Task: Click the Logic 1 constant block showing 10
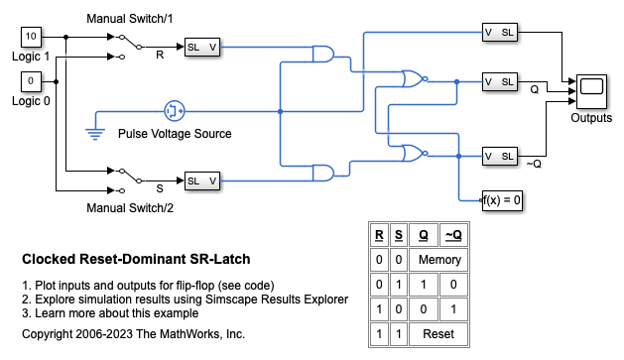tap(31, 37)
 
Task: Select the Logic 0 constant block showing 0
tap(31, 81)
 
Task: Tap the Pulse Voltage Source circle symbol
tap(175, 111)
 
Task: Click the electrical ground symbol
tap(95, 134)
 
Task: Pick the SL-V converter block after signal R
tap(202, 48)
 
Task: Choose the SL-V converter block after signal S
tap(202, 181)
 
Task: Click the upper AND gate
tap(323, 55)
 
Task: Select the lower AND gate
tap(323, 173)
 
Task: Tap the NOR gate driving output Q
tap(414, 78)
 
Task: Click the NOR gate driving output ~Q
tap(414, 153)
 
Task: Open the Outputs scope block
tap(591, 91)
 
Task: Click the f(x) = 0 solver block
tap(502, 200)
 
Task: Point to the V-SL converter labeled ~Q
tap(500, 157)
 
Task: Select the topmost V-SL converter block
tap(500, 33)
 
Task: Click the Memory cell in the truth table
tap(438, 260)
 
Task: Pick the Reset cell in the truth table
tap(438, 334)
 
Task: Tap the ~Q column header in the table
tap(453, 235)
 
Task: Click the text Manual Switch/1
tap(130, 19)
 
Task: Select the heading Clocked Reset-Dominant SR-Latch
tap(136, 259)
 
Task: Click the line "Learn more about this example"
tap(110, 313)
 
